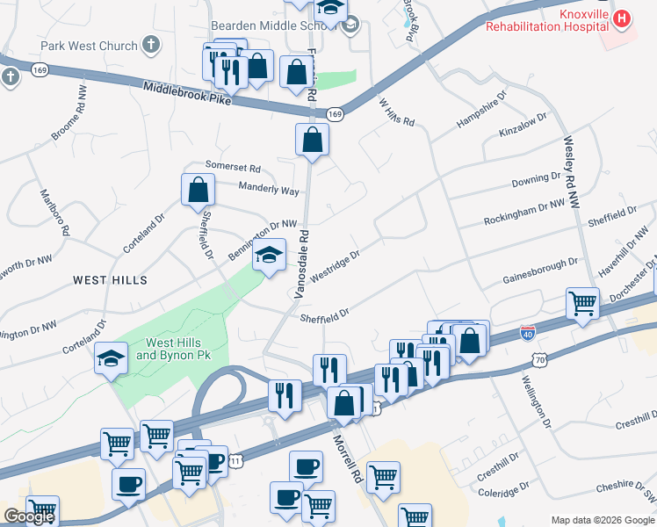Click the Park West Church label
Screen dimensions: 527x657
89,46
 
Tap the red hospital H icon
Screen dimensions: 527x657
622,18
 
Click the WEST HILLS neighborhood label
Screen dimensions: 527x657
110,279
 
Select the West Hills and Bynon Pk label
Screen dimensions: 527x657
173,349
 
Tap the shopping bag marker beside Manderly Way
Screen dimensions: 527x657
199,189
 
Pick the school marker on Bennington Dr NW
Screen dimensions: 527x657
270,256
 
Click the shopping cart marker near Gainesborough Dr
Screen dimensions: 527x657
582,303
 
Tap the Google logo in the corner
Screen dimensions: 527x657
29,517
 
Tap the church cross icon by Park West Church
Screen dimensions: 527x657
152,44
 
